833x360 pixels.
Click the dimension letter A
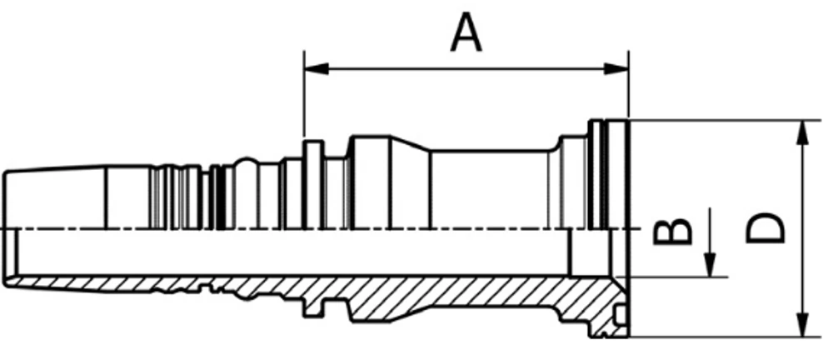pos(466,32)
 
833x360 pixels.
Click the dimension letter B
pos(673,231)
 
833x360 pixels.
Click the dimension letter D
pos(766,227)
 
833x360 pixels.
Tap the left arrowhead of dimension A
pos(316,68)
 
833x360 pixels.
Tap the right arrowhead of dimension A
pos(616,68)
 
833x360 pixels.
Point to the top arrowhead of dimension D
pos(803,132)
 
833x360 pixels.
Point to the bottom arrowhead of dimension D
pos(803,324)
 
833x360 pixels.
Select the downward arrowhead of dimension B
pos(710,265)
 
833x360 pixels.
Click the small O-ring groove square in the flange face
pos(621,316)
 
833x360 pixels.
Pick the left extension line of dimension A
pos(304,94)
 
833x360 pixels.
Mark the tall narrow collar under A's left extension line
pos(313,184)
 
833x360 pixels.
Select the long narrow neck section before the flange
pos(489,190)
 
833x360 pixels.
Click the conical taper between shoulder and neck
pos(410,183)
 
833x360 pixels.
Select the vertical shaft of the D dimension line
pos(803,228)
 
